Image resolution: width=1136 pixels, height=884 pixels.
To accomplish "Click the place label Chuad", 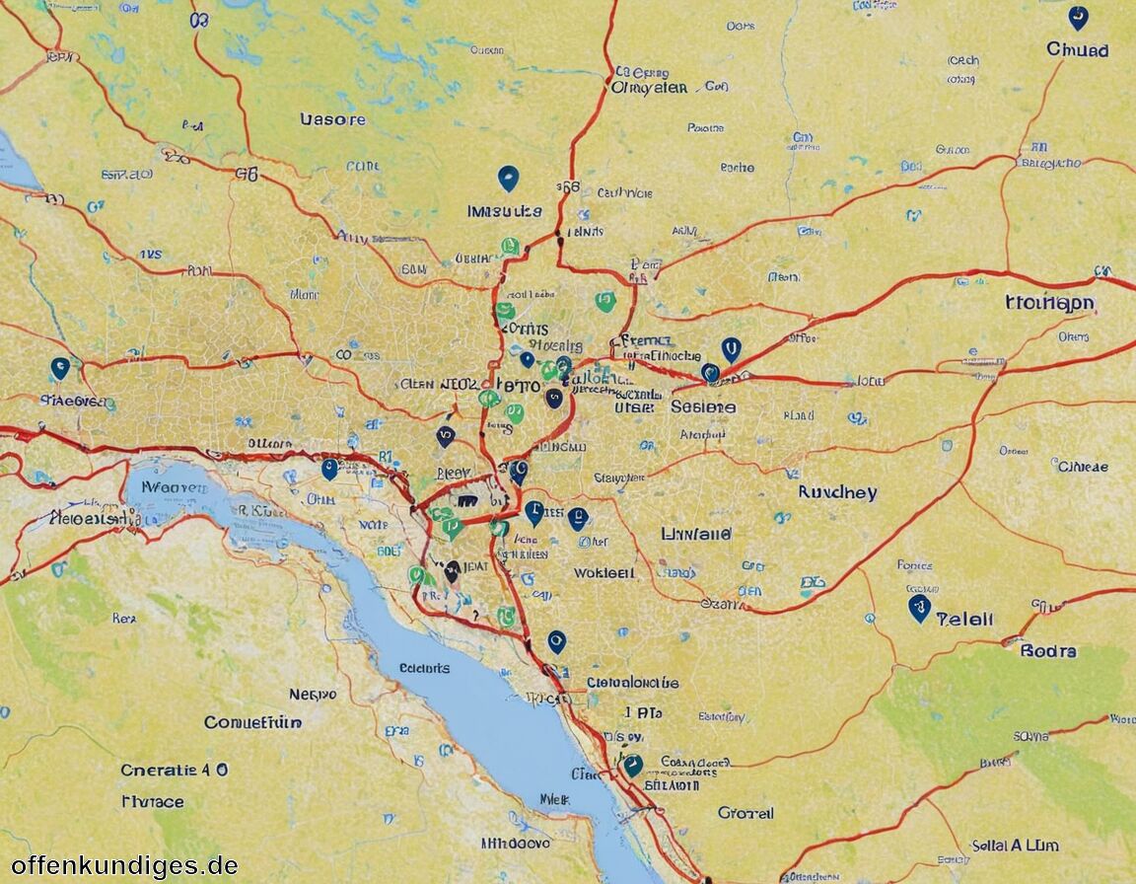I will coord(1077,49).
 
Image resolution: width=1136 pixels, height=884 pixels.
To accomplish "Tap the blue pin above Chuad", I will coord(1078,18).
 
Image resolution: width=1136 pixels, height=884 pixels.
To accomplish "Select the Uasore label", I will coord(332,119).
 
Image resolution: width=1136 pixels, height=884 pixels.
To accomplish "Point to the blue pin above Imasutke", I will coord(508,179).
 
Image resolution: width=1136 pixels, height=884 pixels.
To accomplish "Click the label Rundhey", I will coord(837,491).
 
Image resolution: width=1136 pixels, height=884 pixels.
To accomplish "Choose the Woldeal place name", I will coord(603,572).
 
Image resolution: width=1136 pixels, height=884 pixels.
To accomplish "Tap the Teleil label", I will coord(964,620).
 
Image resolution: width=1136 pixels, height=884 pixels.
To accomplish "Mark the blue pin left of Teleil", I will coord(919,608).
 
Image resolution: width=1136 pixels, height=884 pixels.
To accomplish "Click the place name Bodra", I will coord(1048,651).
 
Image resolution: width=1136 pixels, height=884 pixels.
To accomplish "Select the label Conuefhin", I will coord(252,722).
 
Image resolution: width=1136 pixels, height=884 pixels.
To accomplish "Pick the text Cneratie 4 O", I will coord(175,770).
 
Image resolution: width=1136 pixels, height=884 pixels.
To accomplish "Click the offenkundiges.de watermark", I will coord(124,865).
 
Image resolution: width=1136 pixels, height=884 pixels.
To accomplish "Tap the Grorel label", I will coord(745,813).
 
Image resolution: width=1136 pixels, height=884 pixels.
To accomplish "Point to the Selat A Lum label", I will coord(1016,845).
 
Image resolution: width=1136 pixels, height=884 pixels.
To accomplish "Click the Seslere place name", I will coord(703,406).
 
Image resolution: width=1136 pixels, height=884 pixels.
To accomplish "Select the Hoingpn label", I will coord(1049,303).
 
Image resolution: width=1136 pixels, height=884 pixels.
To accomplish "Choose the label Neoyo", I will coord(313,695).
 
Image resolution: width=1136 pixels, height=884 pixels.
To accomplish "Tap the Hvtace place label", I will coord(152,801).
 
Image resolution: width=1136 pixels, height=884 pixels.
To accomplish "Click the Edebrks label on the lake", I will coord(424,668).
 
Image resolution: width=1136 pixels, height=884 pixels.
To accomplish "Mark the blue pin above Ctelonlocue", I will coord(556,642).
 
